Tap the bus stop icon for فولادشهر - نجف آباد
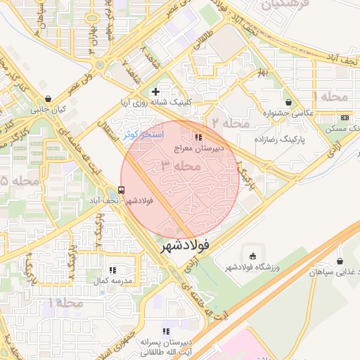pyautogui.click(x=122, y=190)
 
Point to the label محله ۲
pyautogui.click(x=230, y=123)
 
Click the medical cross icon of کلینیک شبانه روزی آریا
pyautogui.click(x=156, y=91)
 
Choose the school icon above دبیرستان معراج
pyautogui.click(x=199, y=137)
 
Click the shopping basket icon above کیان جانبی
pyautogui.click(x=47, y=99)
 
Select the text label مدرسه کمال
pyautogui.click(x=111, y=281)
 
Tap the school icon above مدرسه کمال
pyautogui.click(x=112, y=270)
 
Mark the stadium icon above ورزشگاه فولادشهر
pyautogui.click(x=252, y=255)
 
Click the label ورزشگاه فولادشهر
pyautogui.click(x=252, y=266)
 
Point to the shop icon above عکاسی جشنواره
pyautogui.click(x=287, y=102)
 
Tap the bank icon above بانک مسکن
pyautogui.click(x=344, y=117)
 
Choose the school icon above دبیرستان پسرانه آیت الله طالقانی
pyautogui.click(x=166, y=331)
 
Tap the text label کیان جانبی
pyautogui.click(x=47, y=110)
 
